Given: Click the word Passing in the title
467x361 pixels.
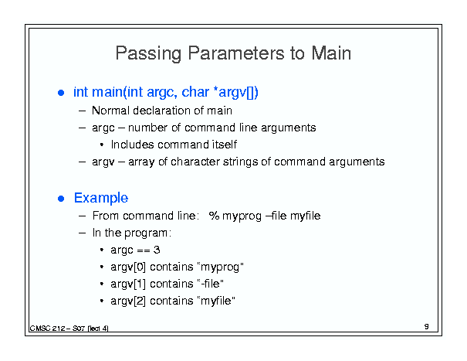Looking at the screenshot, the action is tap(148, 54).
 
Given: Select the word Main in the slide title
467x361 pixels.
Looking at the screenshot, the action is tap(331, 53).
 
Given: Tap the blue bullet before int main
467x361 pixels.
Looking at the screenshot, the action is tap(61, 93).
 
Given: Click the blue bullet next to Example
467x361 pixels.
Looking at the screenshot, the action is tap(61, 199).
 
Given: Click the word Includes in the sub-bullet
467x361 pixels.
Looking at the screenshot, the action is tap(133, 145).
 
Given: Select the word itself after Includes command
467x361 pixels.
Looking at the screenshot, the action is tap(225, 145).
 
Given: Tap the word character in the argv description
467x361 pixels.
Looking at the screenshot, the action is tap(195, 162).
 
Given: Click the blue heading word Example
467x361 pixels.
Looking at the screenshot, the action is tap(101, 198).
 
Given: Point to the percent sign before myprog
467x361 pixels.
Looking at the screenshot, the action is tap(214, 216).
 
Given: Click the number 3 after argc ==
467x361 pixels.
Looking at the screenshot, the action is tap(157, 250).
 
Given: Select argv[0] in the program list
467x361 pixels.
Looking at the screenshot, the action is tap(128, 267).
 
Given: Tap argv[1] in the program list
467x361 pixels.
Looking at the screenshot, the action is tap(128, 284).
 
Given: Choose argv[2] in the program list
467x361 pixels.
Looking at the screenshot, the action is tap(128, 301).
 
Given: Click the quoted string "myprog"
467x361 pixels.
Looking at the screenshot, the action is tap(221, 267).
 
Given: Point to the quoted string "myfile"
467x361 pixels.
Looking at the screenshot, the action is tap(216, 301).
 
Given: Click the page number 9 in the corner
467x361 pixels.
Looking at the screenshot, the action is tap(427, 326).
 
